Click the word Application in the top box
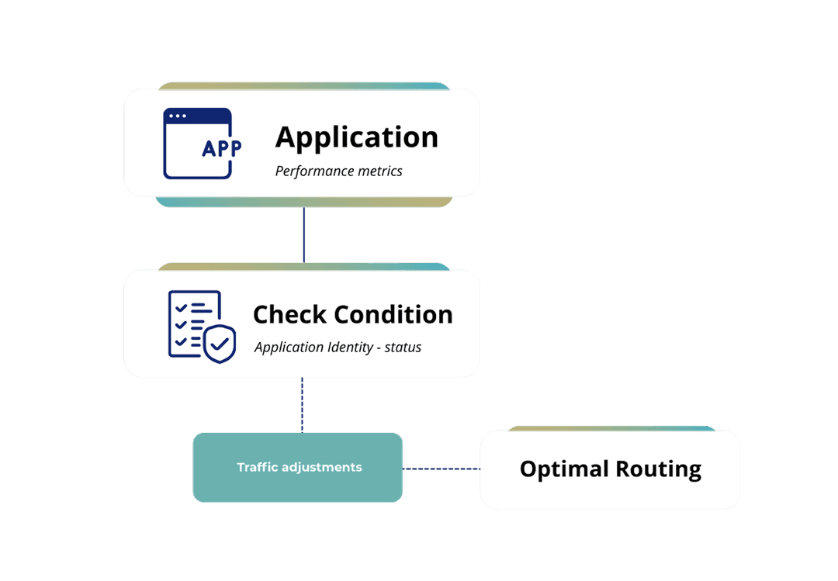pos(356,137)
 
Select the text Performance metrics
pos(338,171)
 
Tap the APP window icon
pos(199,144)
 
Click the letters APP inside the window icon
pos(220,149)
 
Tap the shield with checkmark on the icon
pos(220,344)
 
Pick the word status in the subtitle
pos(403,347)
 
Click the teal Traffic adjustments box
pos(298,467)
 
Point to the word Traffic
pos(257,467)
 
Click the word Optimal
pos(564,469)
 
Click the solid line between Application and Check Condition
pos(303,233)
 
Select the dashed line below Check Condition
pos(302,404)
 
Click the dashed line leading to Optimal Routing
pos(441,469)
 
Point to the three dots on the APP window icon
pos(177,116)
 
